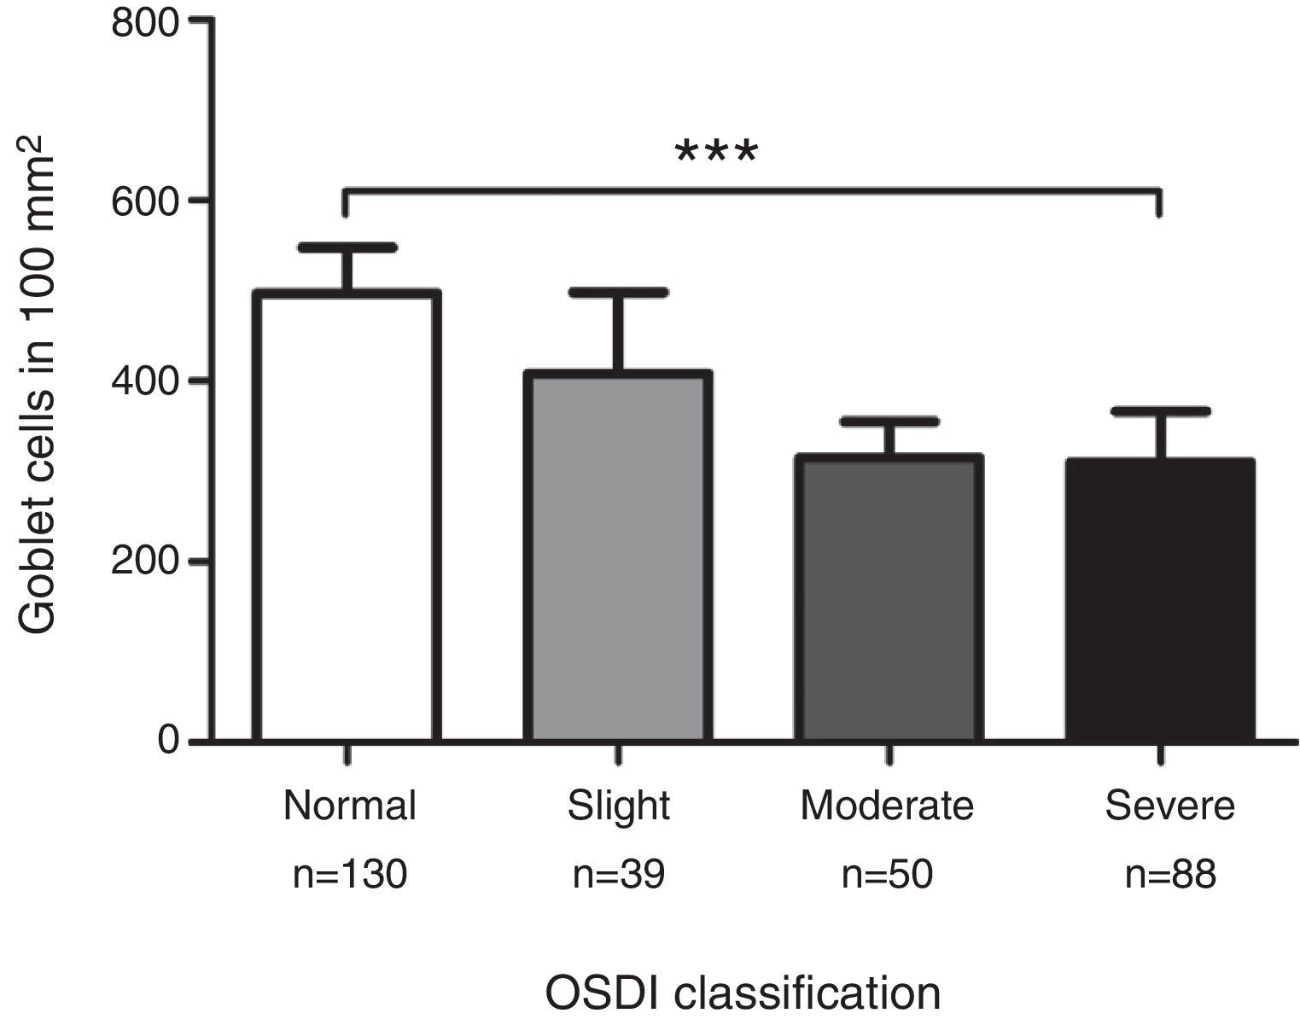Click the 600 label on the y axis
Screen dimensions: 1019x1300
click(x=146, y=202)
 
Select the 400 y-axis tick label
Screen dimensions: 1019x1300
click(x=146, y=381)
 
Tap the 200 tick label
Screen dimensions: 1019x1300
click(x=146, y=562)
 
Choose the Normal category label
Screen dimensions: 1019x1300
click(x=350, y=806)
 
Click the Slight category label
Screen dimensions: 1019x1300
click(x=619, y=806)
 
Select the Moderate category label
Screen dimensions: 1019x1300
click(x=887, y=806)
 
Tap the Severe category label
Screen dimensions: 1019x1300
click(x=1169, y=806)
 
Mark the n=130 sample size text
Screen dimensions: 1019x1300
click(x=350, y=876)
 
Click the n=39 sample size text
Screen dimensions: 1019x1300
click(x=619, y=876)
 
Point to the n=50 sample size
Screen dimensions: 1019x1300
click(x=887, y=876)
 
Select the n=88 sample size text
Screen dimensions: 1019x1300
click(x=1169, y=876)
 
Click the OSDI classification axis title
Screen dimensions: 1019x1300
click(x=743, y=993)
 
